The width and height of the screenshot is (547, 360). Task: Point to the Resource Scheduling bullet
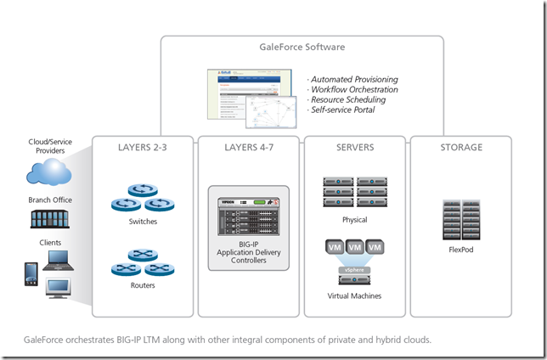coord(348,100)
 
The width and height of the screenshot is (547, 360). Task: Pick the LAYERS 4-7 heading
coord(249,148)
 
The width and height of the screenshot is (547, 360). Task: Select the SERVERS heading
coord(355,148)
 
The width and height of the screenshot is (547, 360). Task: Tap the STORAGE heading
coord(461,148)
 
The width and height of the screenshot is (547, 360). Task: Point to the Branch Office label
coord(52,200)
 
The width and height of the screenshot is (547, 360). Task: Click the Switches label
coord(143,222)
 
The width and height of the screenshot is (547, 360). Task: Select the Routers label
coord(143,285)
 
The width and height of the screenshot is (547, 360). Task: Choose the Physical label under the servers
coord(355,219)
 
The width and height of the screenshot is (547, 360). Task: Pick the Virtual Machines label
coord(355,296)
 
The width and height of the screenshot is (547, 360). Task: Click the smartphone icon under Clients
coord(31,274)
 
